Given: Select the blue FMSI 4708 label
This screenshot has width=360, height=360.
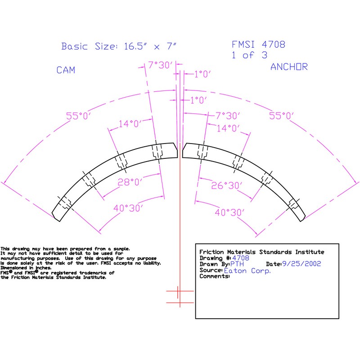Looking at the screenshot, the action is [x=258, y=45].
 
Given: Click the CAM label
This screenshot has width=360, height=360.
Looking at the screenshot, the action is [x=66, y=70].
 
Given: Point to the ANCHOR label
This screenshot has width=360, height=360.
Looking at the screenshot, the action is [x=289, y=67].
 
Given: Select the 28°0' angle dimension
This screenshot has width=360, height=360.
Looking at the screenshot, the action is [x=117, y=182].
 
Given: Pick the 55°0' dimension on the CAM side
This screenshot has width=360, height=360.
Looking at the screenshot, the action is [x=79, y=116].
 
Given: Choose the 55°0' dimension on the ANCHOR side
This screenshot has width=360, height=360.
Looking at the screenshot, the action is [x=281, y=116].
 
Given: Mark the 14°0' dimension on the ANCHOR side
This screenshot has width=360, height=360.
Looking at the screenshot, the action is [x=229, y=128].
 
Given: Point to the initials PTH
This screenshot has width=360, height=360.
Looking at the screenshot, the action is [x=237, y=264].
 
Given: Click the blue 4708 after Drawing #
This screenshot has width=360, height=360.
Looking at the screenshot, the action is [x=240, y=258].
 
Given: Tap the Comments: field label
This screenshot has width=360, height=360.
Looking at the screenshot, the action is [x=214, y=276].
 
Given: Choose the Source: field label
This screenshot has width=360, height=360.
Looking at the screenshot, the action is [x=211, y=270].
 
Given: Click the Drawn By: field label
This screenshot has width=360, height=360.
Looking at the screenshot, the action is [x=214, y=264].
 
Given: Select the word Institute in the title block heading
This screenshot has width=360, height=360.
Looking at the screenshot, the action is [x=308, y=252].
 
